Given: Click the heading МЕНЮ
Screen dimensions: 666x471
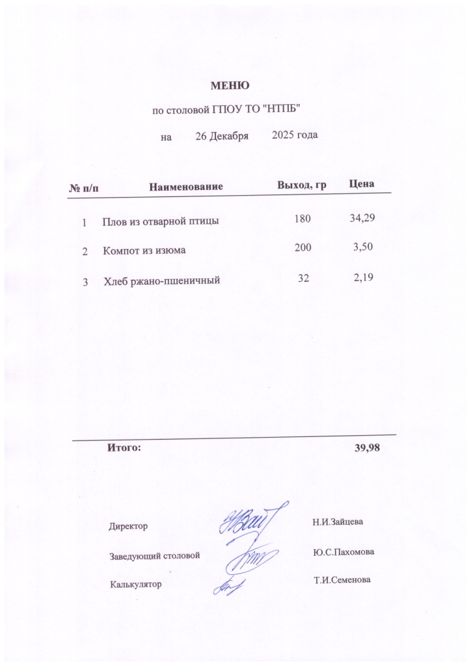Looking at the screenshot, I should [230, 85].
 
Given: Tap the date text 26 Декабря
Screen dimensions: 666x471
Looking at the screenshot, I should [222, 137].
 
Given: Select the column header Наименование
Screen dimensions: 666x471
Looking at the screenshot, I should [186, 187].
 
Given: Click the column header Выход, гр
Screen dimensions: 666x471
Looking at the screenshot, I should [301, 185].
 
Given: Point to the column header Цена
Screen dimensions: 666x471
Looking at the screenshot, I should [361, 185].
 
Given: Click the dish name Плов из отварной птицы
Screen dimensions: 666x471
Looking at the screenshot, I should [160, 221].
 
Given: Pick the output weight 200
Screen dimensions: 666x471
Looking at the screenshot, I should [303, 248].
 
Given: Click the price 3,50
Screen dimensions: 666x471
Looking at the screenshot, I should [364, 248].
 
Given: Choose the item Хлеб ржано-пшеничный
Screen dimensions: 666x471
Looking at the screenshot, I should [161, 282].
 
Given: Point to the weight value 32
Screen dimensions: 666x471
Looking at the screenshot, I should [303, 278].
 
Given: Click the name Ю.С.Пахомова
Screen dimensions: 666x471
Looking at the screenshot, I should [343, 552].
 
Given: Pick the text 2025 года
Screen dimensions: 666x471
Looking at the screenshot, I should [295, 135].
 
